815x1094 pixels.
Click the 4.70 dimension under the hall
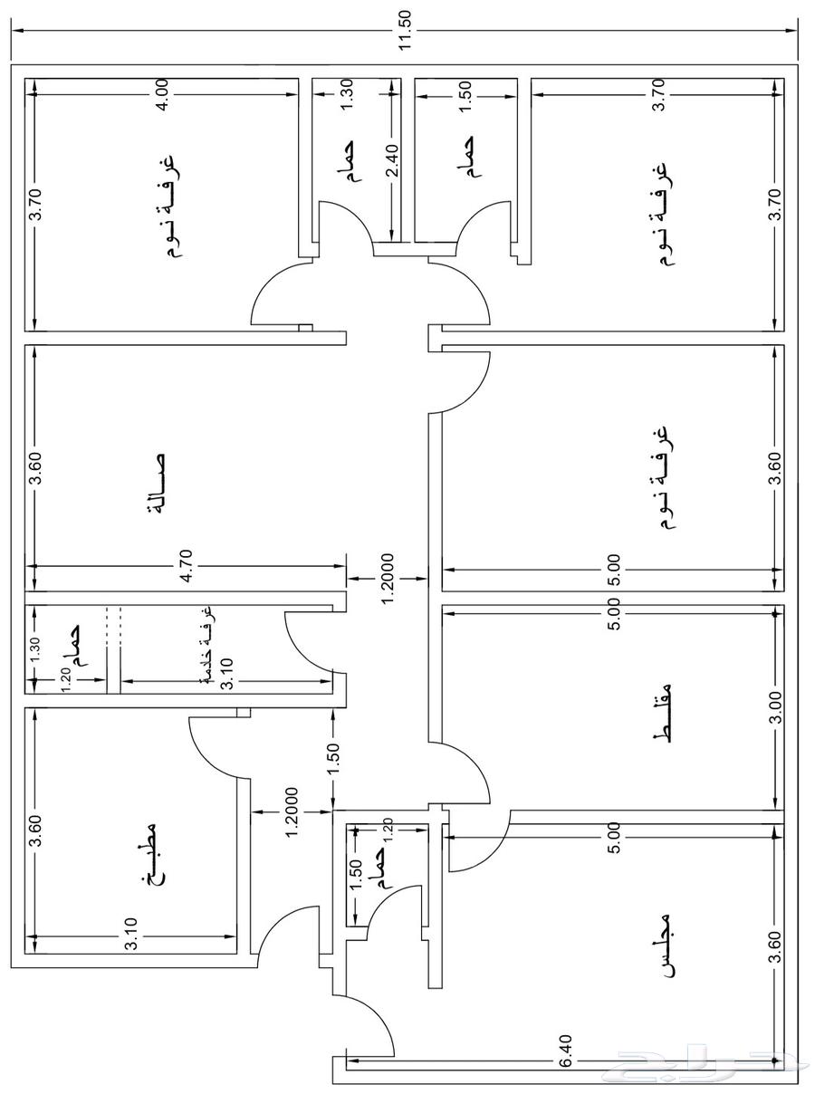[186, 573]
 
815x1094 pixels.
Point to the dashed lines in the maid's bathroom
[113, 626]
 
